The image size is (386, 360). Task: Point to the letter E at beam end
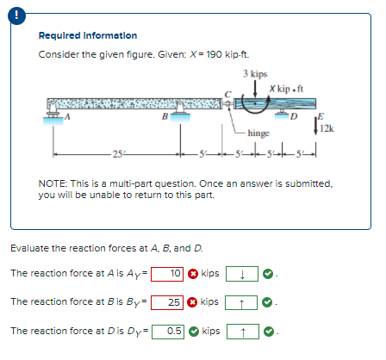pos(321,115)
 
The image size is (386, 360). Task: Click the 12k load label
pos(327,128)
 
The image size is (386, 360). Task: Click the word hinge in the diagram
pos(258,135)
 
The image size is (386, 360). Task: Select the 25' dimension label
pos(117,154)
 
